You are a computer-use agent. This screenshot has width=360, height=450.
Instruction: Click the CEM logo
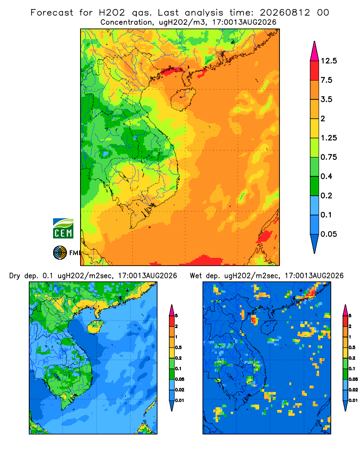click(63, 229)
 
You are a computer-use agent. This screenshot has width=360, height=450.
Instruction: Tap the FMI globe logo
click(60, 253)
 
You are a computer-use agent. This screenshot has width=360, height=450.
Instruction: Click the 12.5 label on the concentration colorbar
click(329, 61)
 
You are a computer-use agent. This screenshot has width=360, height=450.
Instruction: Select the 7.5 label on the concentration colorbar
click(326, 80)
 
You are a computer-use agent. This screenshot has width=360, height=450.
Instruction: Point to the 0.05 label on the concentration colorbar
click(329, 234)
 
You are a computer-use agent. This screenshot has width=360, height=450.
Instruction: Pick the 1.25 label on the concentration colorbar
click(329, 138)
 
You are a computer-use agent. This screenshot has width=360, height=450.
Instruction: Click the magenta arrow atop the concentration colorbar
click(315, 51)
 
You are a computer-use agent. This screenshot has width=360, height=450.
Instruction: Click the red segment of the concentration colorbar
click(315, 71)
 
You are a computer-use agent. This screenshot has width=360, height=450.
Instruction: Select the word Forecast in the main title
click(52, 13)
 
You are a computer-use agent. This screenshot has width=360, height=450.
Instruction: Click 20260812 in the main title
click(285, 13)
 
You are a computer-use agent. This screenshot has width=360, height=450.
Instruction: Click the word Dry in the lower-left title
click(15, 276)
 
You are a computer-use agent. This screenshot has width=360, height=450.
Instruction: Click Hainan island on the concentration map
click(183, 99)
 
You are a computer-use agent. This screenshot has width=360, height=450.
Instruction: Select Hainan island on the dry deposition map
click(95, 327)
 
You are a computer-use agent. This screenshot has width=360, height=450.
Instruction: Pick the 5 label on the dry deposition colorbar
click(176, 316)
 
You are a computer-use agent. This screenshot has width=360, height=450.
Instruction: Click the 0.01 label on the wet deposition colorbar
click(353, 400)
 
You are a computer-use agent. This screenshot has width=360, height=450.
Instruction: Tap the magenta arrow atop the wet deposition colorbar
click(345, 310)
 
